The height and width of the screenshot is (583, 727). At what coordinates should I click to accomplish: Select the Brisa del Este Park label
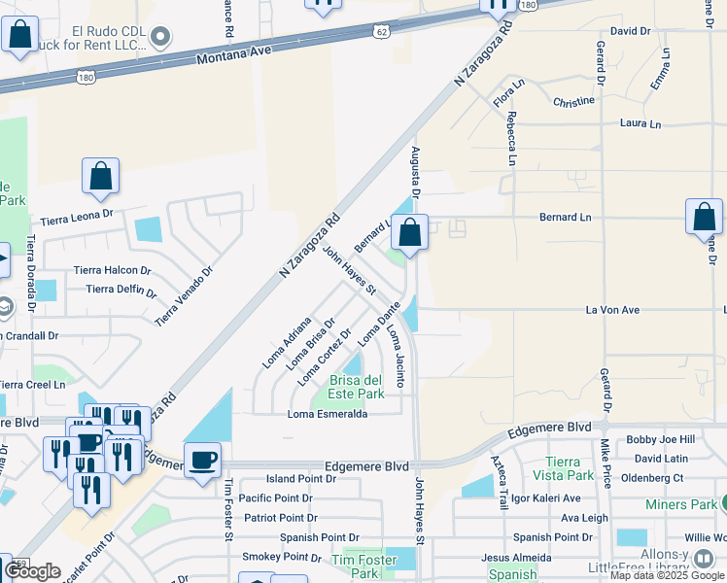tap(358, 387)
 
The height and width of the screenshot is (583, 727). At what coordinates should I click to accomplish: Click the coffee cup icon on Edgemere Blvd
tap(202, 460)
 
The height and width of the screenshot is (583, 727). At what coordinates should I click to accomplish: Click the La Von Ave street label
tap(611, 310)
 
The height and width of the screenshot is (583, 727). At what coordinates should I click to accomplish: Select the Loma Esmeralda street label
tap(327, 414)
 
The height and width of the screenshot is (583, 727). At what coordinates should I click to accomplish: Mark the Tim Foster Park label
tap(363, 566)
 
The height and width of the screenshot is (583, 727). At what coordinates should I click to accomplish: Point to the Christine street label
tap(573, 101)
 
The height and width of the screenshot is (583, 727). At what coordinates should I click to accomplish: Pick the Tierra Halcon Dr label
tap(113, 271)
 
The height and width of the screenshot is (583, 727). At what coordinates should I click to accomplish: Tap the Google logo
tap(32, 571)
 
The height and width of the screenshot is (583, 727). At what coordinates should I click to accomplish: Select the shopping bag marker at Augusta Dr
tap(409, 232)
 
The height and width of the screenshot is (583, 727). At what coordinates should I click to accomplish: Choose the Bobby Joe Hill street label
tap(660, 440)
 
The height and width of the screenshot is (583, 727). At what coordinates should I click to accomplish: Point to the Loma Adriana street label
tap(286, 342)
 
